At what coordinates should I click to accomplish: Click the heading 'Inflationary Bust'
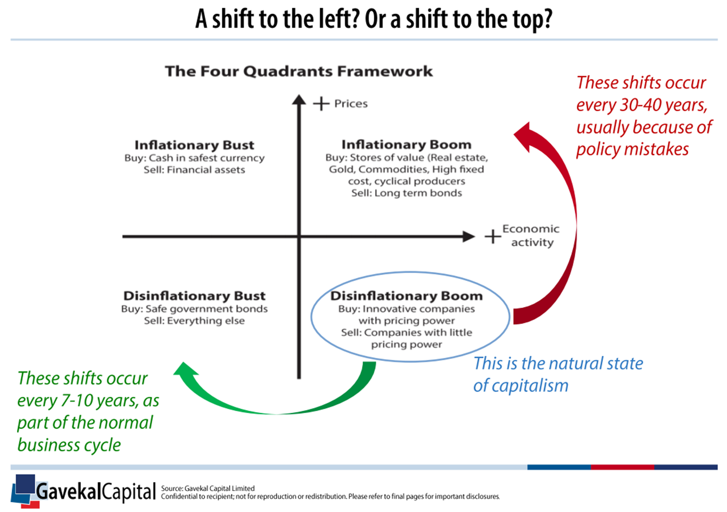(x=194, y=145)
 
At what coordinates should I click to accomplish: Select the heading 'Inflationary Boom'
(x=406, y=144)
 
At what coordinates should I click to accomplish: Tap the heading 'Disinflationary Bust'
(x=194, y=295)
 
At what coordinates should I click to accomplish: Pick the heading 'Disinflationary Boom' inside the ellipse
(x=406, y=295)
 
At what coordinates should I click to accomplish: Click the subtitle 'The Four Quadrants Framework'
(x=299, y=71)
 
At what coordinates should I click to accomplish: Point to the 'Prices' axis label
(x=351, y=104)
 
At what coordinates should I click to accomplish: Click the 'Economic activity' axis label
(x=531, y=235)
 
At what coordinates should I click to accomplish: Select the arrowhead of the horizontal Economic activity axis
(x=469, y=236)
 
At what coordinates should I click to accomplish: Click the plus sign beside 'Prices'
(x=321, y=104)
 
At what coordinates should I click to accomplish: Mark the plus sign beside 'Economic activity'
(x=493, y=236)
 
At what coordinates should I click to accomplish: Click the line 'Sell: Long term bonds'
(x=406, y=193)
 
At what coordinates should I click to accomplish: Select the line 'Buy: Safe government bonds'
(x=194, y=309)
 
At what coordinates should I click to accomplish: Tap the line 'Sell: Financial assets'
(x=194, y=170)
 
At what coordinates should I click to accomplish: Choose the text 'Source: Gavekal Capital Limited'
(x=208, y=488)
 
